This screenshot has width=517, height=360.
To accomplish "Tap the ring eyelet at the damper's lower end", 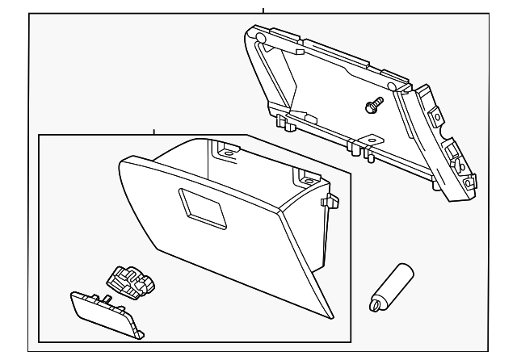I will [x=377, y=304].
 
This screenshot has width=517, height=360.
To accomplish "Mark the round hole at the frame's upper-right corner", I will [x=392, y=86].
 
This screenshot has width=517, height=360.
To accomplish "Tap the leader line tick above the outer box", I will [x=263, y=10].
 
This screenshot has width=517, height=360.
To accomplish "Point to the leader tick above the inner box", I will [x=153, y=131].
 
